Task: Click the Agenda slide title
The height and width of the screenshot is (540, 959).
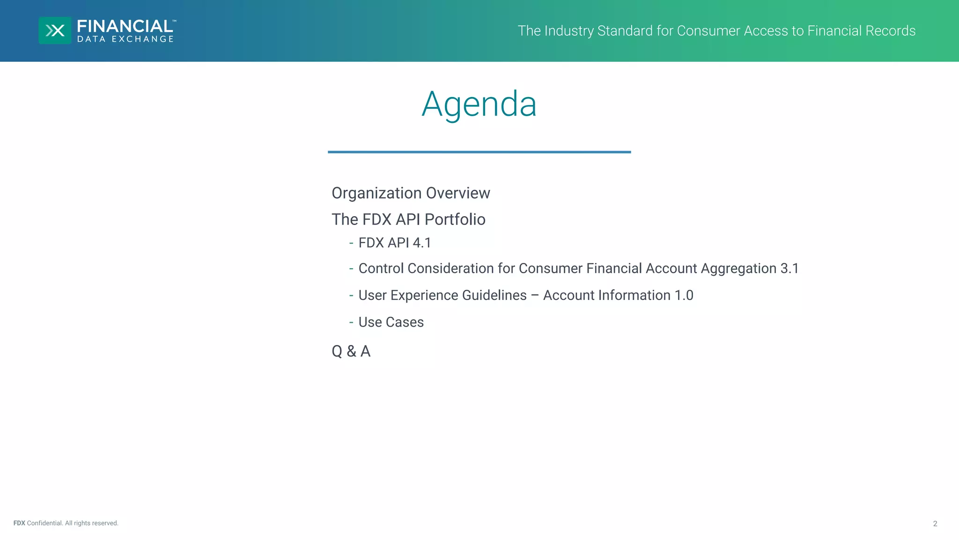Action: tap(479, 104)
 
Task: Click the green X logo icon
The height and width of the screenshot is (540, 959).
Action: tap(55, 30)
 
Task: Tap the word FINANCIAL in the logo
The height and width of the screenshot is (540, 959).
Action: tap(125, 26)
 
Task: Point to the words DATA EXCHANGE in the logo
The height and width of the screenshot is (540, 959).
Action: tap(125, 39)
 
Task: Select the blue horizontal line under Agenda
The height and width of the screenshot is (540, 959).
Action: tap(479, 152)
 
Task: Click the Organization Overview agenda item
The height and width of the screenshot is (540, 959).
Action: tap(411, 193)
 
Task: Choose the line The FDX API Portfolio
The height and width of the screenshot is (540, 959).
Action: tap(408, 219)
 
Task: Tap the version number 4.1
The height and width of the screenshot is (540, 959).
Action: tap(421, 243)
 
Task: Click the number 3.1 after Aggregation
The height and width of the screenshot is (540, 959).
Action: tap(789, 269)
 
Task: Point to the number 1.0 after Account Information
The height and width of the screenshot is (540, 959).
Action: tap(684, 295)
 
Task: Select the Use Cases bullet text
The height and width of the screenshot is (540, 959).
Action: tap(391, 322)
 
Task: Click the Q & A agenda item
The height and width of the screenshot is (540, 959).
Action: tap(351, 351)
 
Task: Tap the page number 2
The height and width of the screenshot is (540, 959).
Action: tap(935, 524)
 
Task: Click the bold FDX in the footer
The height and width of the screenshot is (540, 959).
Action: tap(19, 523)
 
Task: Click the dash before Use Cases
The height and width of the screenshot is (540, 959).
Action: tap(351, 322)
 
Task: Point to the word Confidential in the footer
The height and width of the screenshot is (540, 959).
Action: tap(44, 523)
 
